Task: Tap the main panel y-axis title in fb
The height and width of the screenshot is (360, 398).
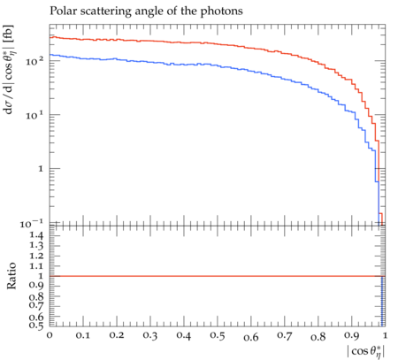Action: pyautogui.click(x=9, y=70)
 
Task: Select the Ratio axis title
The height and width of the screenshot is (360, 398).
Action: pyautogui.click(x=11, y=276)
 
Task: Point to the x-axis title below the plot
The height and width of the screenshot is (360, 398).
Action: pyautogui.click(x=366, y=350)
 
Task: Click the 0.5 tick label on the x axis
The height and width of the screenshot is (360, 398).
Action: pyautogui.click(x=218, y=335)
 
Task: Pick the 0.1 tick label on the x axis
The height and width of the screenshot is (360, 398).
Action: pyautogui.click(x=83, y=335)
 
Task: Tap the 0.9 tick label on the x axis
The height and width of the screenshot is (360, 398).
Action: pyautogui.click(x=352, y=336)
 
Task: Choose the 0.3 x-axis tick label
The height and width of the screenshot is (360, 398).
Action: pyautogui.click(x=150, y=335)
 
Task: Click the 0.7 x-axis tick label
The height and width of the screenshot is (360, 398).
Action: pyautogui.click(x=285, y=335)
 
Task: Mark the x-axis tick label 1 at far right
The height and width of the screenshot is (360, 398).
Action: pyautogui.click(x=385, y=335)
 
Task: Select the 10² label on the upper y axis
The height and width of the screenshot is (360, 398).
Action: pyautogui.click(x=34, y=61)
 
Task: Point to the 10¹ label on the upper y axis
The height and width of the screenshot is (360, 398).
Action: pyautogui.click(x=34, y=115)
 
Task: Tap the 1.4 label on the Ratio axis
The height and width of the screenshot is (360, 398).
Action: pyautogui.click(x=36, y=235)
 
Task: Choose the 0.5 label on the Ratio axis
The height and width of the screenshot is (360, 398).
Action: pyautogui.click(x=36, y=325)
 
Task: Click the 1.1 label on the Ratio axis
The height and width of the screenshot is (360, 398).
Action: pyautogui.click(x=36, y=266)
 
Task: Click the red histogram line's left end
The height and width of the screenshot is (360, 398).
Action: pyautogui.click(x=50, y=37)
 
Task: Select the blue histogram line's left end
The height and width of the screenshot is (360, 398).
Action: pyautogui.click(x=50, y=55)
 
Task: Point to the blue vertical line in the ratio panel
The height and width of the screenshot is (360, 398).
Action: pyautogui.click(x=382, y=301)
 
